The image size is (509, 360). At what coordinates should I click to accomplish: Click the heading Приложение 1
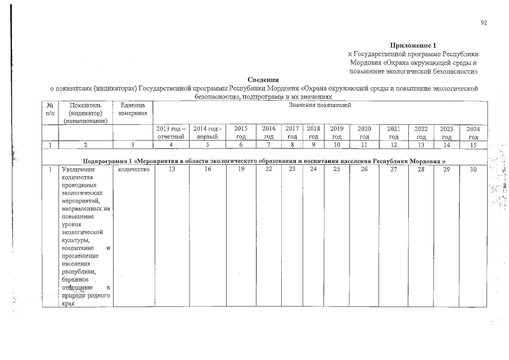tap(413, 45)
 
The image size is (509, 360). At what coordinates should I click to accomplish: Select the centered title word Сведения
tap(264, 80)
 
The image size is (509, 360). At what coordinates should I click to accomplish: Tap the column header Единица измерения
tap(133, 110)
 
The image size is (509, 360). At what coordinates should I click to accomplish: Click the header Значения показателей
tap(319, 105)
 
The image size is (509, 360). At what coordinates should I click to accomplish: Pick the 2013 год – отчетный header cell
tap(171, 133)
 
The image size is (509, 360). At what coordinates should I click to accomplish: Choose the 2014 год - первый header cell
tap(208, 133)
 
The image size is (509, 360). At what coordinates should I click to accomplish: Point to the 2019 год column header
tap(336, 133)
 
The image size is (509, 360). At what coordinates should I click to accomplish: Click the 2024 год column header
tap(474, 133)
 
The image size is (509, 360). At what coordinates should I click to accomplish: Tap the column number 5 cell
tap(208, 145)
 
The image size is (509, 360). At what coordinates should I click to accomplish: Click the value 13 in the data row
tap(171, 169)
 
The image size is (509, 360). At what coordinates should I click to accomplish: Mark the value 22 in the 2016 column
tap(269, 169)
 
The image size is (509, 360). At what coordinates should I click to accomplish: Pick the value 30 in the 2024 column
tap(474, 169)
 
